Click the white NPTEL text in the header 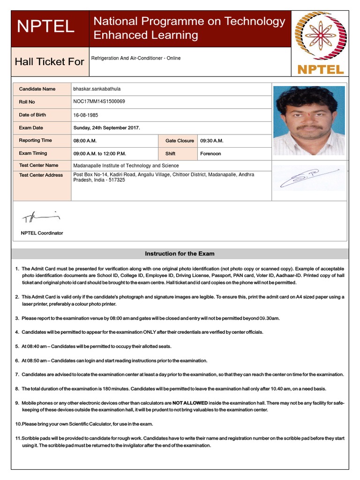pyautogui.click(x=45, y=27)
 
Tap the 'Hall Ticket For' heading pyautogui.click(x=50, y=61)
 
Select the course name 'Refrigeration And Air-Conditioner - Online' pyautogui.click(x=136, y=59)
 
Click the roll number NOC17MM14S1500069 pyautogui.click(x=99, y=101)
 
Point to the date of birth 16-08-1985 pyautogui.click(x=85, y=115)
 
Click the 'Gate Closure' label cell pyautogui.click(x=180, y=141)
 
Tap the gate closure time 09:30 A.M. pyautogui.click(x=212, y=141)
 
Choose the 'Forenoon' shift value pyautogui.click(x=210, y=153)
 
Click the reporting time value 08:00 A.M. pyautogui.click(x=85, y=141)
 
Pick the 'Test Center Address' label pyautogui.click(x=41, y=175)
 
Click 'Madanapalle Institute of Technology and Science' pyautogui.click(x=126, y=165)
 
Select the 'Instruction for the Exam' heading pyautogui.click(x=180, y=254)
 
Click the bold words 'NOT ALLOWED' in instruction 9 pyautogui.click(x=190, y=403)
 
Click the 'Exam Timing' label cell pyautogui.click(x=33, y=153)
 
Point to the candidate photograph pyautogui.click(x=309, y=120)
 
